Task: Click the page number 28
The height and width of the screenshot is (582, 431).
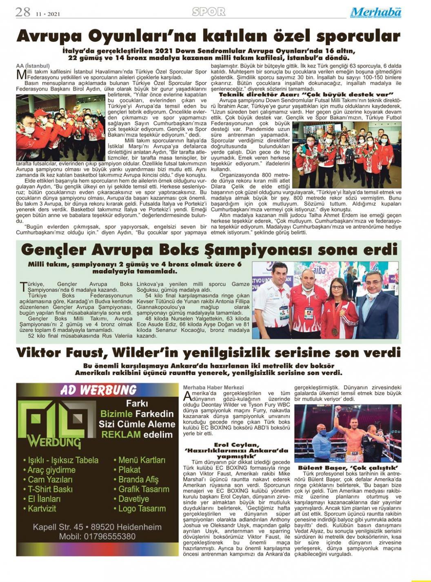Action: pos(23,12)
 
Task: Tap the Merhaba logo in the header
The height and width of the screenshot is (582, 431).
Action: pos(375,12)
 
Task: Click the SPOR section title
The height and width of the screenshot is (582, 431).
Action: pos(209,12)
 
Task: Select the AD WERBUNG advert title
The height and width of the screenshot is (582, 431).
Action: pos(98,390)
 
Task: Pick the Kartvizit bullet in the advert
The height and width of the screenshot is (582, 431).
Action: pos(42,509)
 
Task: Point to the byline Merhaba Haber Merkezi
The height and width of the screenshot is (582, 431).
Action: pos(213,387)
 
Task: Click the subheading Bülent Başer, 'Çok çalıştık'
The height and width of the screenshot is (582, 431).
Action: pos(348,468)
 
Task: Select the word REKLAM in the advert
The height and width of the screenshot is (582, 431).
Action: pos(121,435)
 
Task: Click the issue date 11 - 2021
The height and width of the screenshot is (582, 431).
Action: pos(48,14)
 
